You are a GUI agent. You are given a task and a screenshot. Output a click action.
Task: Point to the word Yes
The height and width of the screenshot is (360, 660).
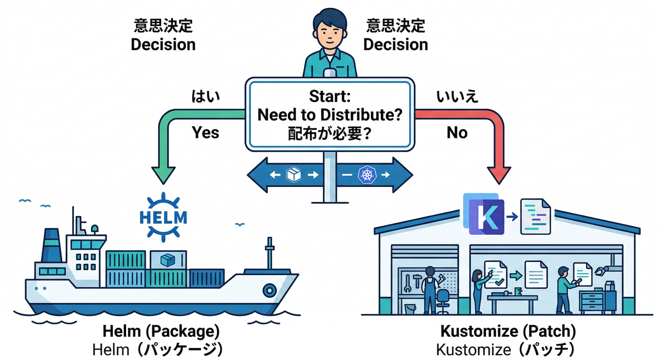pos(206,133)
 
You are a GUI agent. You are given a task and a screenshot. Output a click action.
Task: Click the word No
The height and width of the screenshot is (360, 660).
pos(457,133)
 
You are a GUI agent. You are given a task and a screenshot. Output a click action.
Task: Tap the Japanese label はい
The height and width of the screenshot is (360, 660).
pos(206,97)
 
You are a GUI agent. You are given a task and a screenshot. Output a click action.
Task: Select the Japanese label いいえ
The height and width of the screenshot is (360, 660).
pos(457,97)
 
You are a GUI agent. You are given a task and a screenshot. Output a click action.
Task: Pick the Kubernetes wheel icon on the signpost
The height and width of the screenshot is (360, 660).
pos(367,175)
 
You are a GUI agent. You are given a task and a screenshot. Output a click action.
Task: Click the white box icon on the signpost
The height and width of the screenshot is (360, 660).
pos(293,175)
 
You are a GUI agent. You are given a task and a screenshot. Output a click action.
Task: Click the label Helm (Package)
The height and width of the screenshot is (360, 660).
pos(161,332)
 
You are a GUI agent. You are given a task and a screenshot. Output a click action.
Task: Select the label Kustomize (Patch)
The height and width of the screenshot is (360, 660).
pos(508,332)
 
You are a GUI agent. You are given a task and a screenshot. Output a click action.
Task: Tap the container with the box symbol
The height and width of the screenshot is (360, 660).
pos(167,260)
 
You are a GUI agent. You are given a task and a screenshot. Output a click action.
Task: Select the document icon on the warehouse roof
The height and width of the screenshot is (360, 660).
pos(536,216)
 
